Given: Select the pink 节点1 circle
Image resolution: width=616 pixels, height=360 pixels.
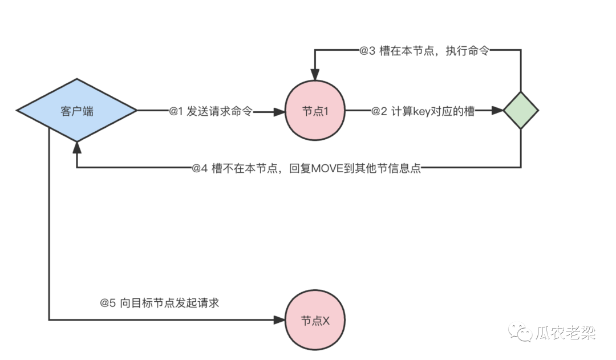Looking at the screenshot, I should pyautogui.click(x=315, y=111).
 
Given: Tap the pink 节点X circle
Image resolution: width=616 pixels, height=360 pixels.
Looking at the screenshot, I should pyautogui.click(x=315, y=320).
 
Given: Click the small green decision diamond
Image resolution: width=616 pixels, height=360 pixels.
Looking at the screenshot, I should pyautogui.click(x=520, y=111).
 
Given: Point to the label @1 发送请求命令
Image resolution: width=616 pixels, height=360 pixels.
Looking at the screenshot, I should pyautogui.click(x=210, y=111).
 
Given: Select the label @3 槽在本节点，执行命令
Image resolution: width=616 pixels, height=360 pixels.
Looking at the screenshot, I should pyautogui.click(x=424, y=51).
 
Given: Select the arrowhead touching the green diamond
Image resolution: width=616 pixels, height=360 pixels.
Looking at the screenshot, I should pyautogui.click(x=497, y=111).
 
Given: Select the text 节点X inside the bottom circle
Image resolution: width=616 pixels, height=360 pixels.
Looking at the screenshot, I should pyautogui.click(x=315, y=321).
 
